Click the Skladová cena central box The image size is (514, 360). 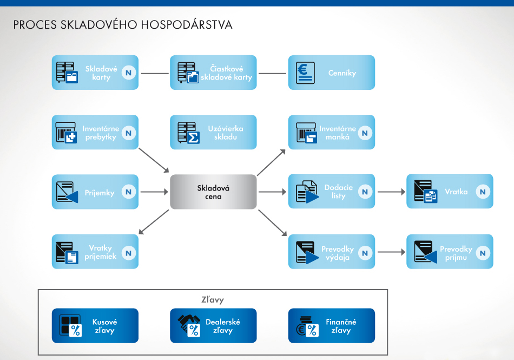(213, 192)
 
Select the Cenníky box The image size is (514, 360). (331, 73)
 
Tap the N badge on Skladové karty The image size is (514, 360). (129, 73)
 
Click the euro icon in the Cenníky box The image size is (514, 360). (305, 73)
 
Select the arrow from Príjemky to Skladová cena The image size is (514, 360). (154, 192)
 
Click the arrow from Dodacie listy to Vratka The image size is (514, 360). (391, 192)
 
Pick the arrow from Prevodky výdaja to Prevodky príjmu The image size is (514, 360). (391, 252)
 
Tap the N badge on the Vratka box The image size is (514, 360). (483, 192)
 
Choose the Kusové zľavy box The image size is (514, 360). (95, 326)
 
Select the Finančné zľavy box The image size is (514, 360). (331, 326)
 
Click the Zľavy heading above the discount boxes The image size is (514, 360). (212, 299)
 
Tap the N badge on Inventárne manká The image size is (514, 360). (365, 133)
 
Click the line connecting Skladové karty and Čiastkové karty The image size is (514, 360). (154, 73)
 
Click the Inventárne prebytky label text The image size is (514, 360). (101, 133)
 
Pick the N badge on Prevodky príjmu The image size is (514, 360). (483, 252)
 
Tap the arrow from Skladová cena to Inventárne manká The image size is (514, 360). (272, 162)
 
